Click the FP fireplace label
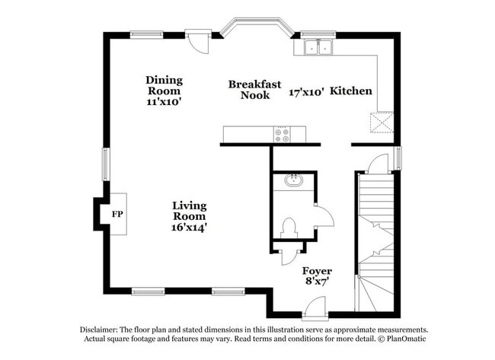117,215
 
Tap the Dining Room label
164,84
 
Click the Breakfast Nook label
255,90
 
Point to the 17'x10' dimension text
307,91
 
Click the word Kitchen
351,91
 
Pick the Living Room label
190,211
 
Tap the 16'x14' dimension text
190,227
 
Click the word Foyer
317,271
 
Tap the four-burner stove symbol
283,135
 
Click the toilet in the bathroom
288,227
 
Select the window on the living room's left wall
107,164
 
